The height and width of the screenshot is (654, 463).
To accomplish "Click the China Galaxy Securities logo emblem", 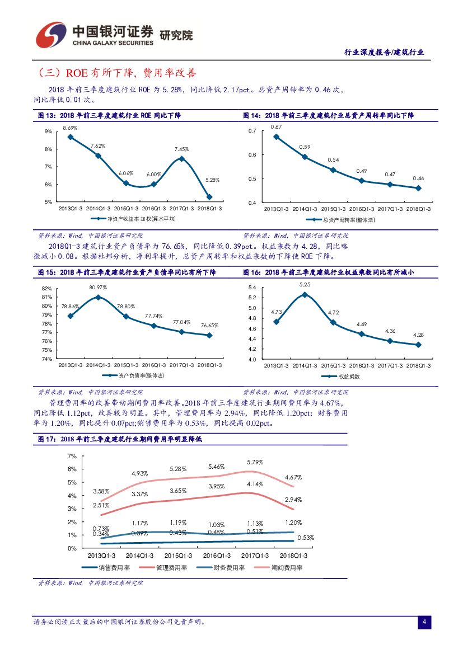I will tap(52, 35).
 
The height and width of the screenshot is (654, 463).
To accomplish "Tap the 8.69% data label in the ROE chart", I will tap(70, 128).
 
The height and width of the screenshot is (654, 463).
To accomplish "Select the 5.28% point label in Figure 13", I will tap(212, 180).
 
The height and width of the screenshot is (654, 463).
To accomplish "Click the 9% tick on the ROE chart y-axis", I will tap(48, 131).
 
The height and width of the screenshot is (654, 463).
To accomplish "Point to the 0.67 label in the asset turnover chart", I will tap(276, 127).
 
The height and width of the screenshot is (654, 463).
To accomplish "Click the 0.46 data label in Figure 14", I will tap(418, 178).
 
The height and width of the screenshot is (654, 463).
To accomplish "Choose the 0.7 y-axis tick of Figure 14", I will tap(251, 131).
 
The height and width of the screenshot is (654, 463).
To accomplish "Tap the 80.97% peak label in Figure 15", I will tap(98, 287).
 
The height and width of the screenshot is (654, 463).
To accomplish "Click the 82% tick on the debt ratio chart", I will tap(47, 288).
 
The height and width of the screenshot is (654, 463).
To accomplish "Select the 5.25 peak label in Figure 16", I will tap(305, 284).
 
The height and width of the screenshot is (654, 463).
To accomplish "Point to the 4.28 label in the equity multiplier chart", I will tap(418, 335).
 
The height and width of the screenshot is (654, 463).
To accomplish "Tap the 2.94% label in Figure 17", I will tap(293, 499).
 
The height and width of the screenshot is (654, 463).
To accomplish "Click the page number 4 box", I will tap(424, 622).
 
